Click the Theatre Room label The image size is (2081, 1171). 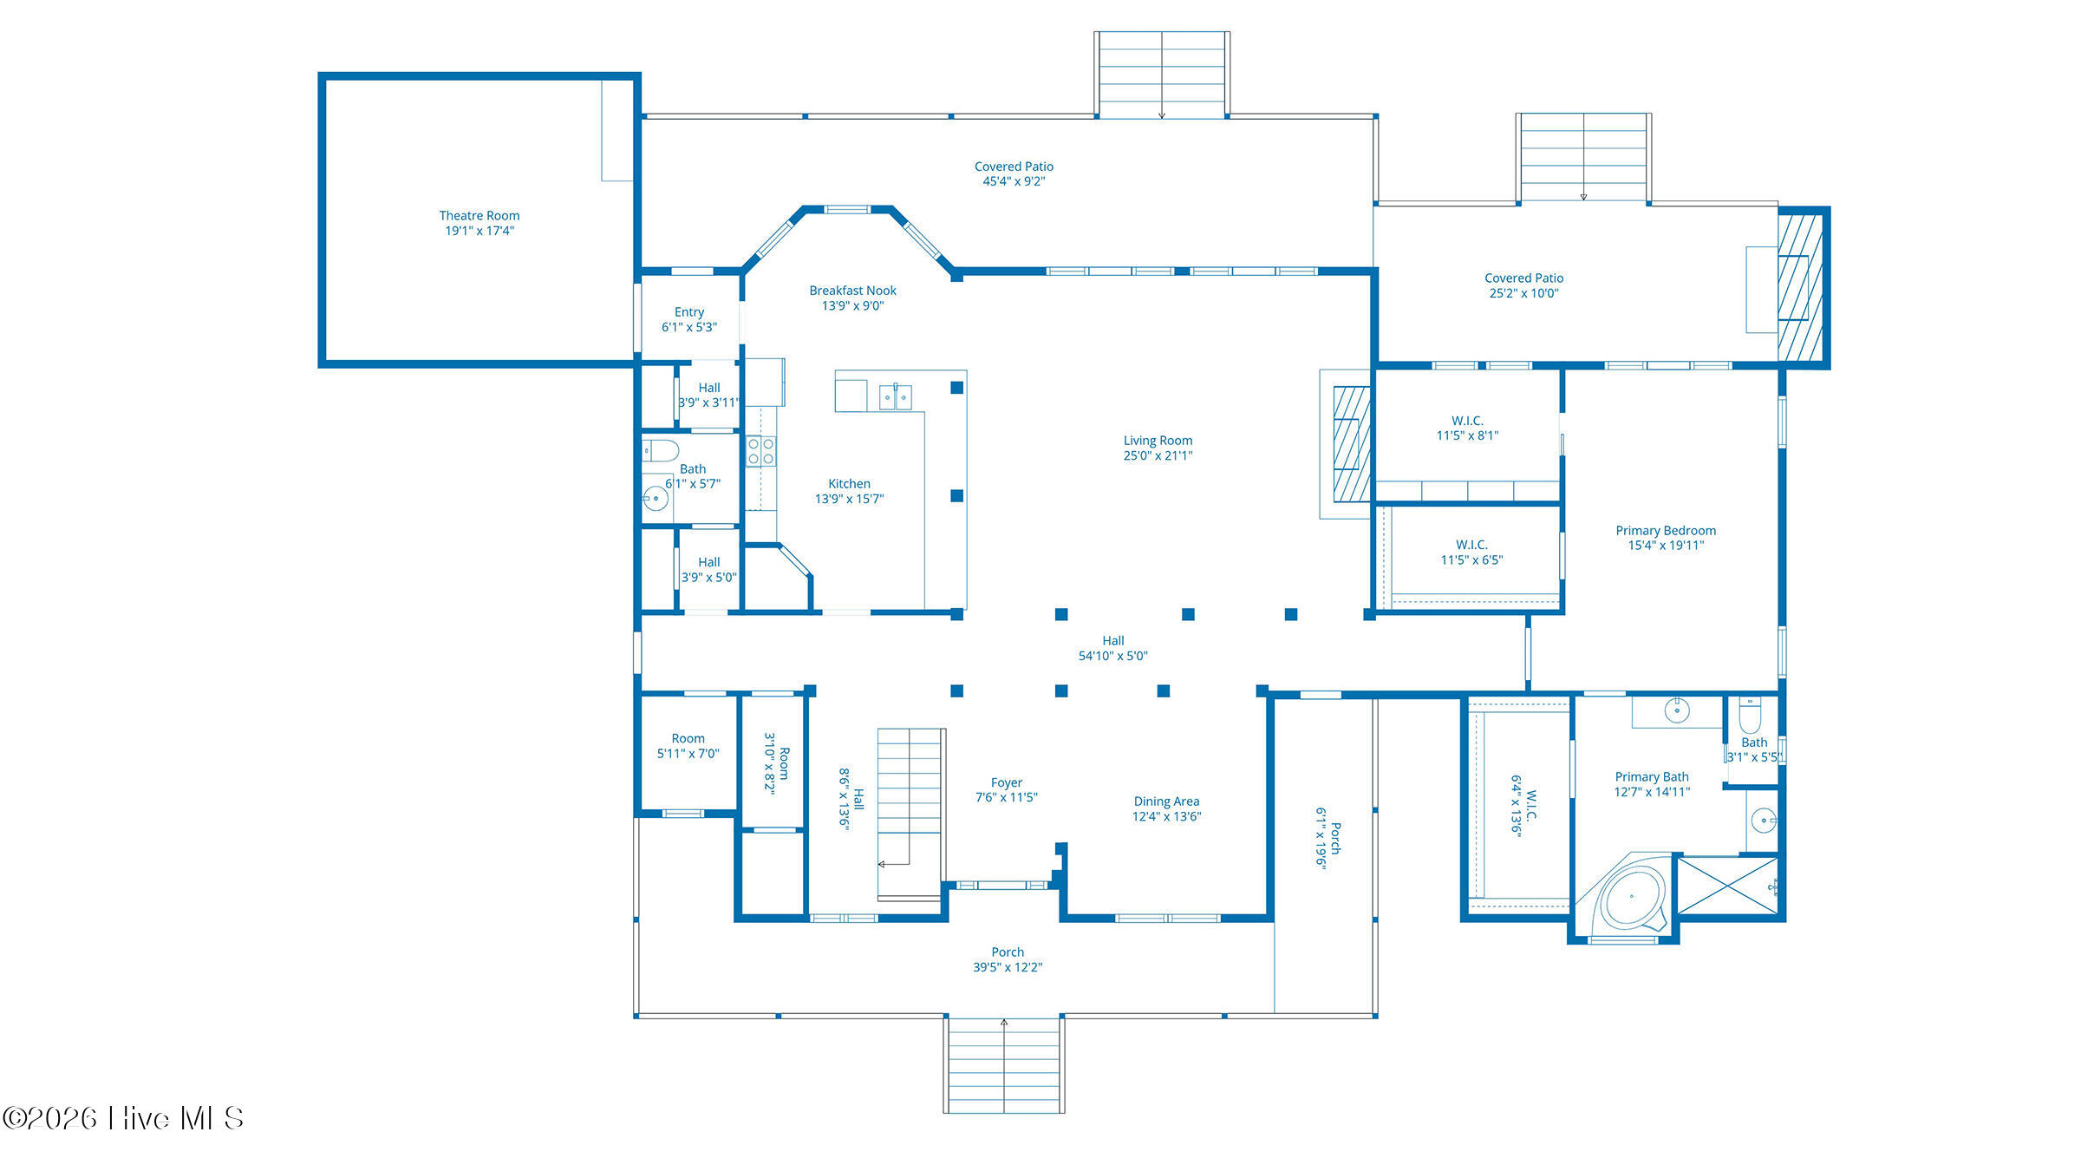point(479,223)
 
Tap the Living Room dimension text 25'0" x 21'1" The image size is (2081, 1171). point(1158,455)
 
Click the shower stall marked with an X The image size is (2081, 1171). point(1727,885)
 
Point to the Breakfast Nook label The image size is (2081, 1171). point(852,298)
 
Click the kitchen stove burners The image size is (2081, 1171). point(760,451)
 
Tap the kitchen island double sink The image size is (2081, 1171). point(895,396)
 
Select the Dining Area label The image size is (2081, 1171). point(1166,808)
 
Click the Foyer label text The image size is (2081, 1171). point(1006,782)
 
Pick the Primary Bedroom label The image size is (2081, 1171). point(1665,538)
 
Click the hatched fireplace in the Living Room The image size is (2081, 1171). point(1351,444)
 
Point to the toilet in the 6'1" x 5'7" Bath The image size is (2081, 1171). point(660,451)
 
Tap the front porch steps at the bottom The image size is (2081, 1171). point(1004,1065)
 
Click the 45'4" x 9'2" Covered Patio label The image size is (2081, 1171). point(1014,173)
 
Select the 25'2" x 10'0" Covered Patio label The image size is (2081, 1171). point(1523,285)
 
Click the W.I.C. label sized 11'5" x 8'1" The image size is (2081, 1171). point(1467,428)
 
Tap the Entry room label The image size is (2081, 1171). point(689,319)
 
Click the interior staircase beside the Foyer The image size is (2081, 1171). point(910,814)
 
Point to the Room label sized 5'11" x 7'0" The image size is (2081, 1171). point(688,746)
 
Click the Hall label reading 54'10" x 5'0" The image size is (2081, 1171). point(1112,648)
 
